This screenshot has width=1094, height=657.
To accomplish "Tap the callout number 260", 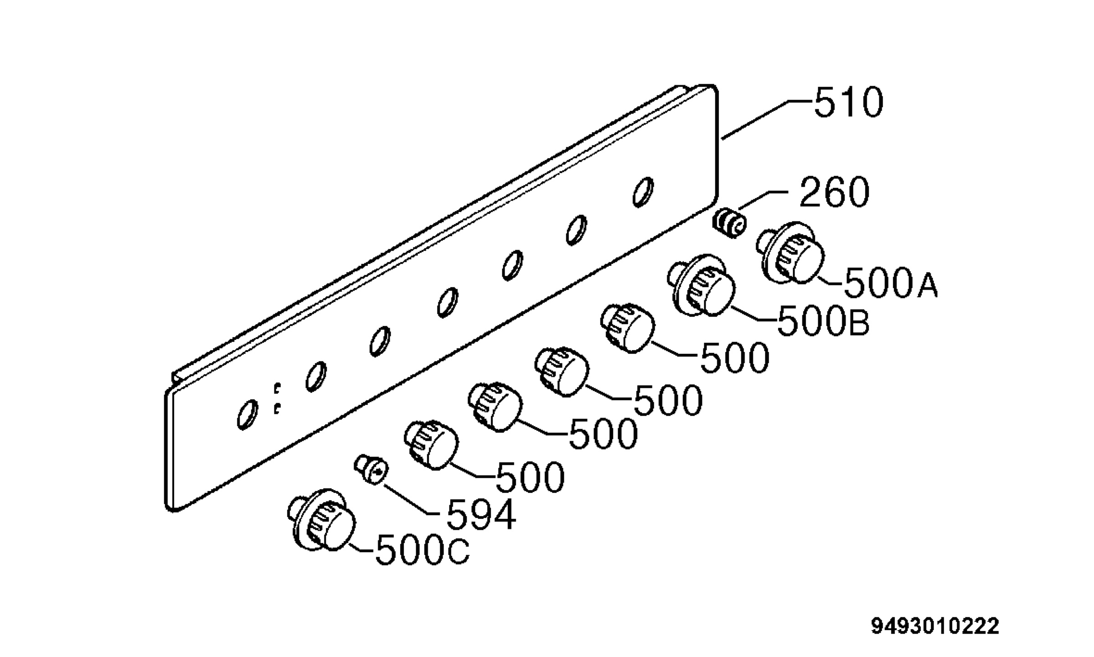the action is pos(834,192).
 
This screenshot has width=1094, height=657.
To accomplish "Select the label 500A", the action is pos(891,283).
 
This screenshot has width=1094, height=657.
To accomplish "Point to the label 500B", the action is pos(823,321).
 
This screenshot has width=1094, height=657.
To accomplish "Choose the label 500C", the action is pos(422,550).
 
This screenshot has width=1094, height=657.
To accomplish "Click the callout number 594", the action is pos(481,515).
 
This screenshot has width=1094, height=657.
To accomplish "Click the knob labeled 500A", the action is pos(791,253).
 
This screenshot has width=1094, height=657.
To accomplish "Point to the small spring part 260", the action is pos(730,222).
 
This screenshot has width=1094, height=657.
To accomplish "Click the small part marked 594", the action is pos(372,469).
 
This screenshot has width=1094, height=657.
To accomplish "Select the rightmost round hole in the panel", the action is pos(643,192).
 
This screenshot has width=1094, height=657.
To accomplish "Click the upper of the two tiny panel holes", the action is pos(277,388).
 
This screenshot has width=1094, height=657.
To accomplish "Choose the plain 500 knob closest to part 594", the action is pos(431,445).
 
